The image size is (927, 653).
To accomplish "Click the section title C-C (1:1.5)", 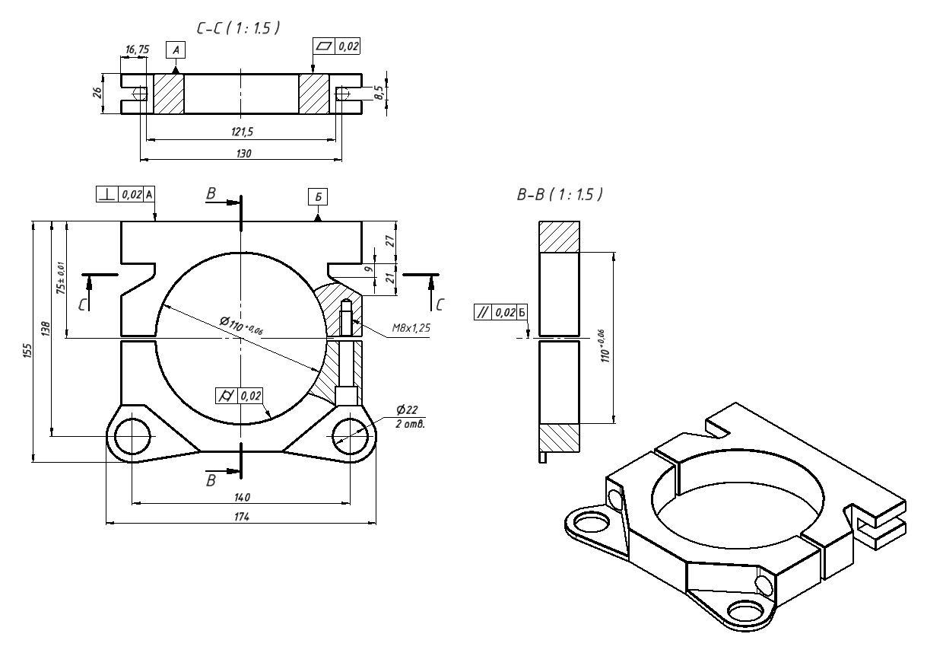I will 238,29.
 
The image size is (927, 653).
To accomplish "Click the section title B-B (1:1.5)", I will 559,196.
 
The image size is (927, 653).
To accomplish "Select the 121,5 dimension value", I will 241,132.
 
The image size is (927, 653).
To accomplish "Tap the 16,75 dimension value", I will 137,49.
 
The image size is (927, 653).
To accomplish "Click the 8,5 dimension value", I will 379,94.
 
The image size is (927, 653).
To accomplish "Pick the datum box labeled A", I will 176,50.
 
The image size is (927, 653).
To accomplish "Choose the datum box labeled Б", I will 318,196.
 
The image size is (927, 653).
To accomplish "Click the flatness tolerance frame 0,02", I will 336,47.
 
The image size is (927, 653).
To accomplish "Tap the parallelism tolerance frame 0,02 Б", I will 501,312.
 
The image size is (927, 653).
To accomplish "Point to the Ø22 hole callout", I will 407,409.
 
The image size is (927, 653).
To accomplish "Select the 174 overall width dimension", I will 242,517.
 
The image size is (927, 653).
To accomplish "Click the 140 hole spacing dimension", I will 242,497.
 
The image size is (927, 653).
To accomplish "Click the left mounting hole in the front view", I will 132,435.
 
